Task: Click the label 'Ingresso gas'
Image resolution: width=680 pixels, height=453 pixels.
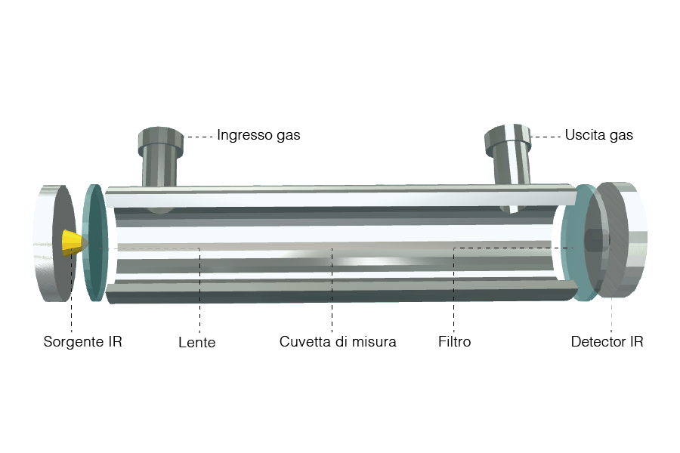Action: [x=258, y=135]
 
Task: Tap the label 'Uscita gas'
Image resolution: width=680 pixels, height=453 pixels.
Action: [x=599, y=135]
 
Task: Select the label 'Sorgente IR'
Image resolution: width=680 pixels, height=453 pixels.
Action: [x=83, y=341]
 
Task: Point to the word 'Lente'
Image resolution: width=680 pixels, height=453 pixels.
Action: [x=197, y=343]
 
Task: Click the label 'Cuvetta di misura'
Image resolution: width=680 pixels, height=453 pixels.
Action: [x=338, y=341]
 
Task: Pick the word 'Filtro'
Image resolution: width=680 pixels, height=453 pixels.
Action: [x=455, y=341]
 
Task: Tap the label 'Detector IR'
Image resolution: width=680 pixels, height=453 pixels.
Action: [x=607, y=341]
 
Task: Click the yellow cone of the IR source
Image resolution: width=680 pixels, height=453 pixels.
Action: [x=74, y=243]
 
